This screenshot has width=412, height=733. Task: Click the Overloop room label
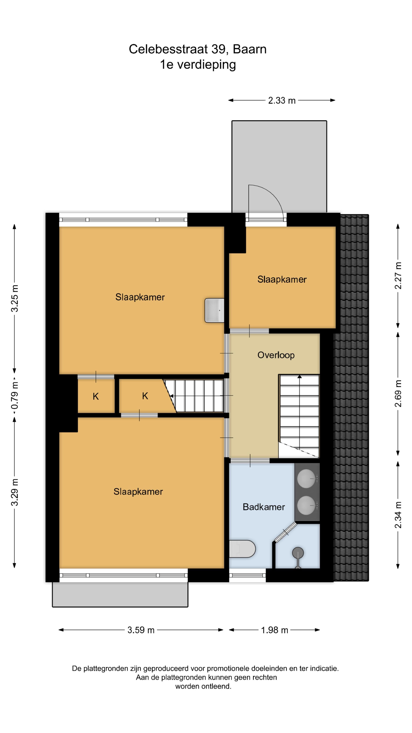coord(275,355)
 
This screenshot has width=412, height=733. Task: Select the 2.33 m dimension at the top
coord(282,100)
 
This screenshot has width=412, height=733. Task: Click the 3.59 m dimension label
coord(141,630)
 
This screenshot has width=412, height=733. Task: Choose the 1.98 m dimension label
coord(274,630)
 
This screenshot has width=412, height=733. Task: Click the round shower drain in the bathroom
coord(298,553)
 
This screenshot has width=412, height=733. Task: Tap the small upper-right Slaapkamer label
coord(282,279)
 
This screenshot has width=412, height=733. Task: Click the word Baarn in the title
coord(249,49)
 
